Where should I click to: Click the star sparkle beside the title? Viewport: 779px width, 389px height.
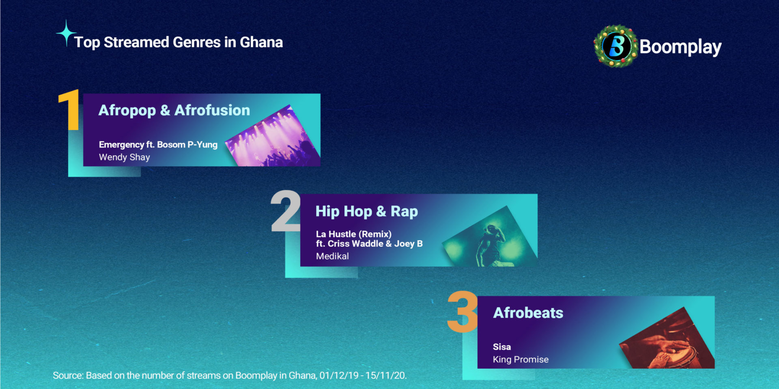coord(66,33)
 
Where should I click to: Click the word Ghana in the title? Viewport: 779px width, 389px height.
coord(261,42)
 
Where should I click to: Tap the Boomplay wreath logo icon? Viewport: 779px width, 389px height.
coord(616,46)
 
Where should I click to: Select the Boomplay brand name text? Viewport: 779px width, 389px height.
coord(680,47)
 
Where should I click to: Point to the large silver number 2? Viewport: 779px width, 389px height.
coord(286,211)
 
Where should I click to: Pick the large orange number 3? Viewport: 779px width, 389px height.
coord(463,312)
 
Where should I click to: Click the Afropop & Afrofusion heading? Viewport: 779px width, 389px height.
coord(174,110)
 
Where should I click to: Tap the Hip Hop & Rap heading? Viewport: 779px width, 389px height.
coord(367,212)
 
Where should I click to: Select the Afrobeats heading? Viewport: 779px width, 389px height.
coord(528,313)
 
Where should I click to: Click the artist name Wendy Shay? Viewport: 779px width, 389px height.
coord(125,157)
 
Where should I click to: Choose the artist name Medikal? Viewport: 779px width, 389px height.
coord(332,256)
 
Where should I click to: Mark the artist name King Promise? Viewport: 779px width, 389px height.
coord(521,359)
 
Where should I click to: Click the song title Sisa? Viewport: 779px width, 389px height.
coord(502,347)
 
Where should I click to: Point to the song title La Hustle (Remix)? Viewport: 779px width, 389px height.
coord(354,234)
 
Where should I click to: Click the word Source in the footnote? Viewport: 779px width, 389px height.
coord(68,376)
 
